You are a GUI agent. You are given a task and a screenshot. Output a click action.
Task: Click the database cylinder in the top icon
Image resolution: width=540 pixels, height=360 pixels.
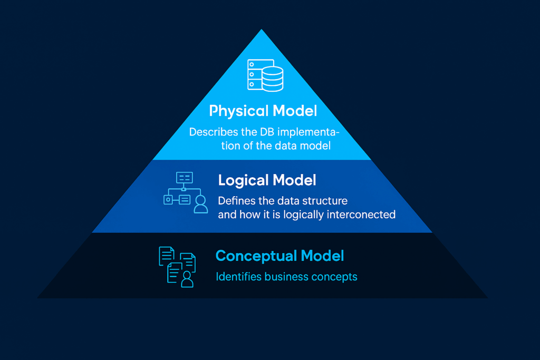(x=273, y=79)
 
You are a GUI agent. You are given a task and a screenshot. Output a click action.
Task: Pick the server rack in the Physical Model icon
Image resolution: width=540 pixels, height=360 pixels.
(x=256, y=74)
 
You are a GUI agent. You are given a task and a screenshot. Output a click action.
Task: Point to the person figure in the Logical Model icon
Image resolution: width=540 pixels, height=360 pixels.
(x=200, y=204)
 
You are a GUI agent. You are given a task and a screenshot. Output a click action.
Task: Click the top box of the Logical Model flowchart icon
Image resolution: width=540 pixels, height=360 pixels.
(x=184, y=178)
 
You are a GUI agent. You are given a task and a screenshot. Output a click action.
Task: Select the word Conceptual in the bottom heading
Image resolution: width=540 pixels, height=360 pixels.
(x=256, y=256)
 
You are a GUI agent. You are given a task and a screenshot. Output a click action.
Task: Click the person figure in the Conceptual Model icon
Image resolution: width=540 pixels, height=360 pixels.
(x=187, y=279)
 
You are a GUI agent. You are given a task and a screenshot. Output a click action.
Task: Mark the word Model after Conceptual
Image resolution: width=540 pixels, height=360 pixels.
(x=322, y=256)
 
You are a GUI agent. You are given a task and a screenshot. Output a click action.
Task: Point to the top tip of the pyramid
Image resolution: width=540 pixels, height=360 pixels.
(x=262, y=30)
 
